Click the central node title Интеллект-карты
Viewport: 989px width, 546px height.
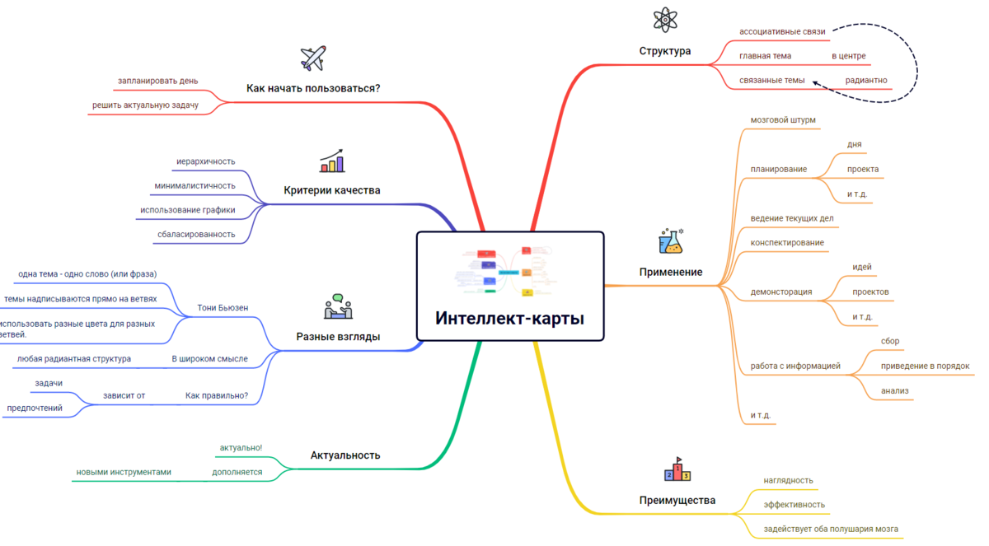click(x=509, y=319)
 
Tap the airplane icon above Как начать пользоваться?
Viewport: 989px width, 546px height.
click(x=313, y=58)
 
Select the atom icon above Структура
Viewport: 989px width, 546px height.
click(x=664, y=20)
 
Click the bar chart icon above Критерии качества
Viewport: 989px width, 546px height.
click(x=332, y=161)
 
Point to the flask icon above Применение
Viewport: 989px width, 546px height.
click(x=671, y=241)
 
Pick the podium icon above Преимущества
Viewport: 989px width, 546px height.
click(x=677, y=469)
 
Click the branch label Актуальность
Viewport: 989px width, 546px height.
click(x=345, y=455)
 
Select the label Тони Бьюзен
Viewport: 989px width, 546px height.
click(x=223, y=308)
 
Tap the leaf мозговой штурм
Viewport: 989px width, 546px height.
click(x=783, y=120)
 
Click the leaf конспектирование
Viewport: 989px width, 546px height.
click(x=787, y=243)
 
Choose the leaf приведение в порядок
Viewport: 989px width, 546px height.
click(x=925, y=366)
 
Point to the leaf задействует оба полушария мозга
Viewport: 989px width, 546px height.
click(x=831, y=530)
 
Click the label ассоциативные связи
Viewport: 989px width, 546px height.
click(x=782, y=32)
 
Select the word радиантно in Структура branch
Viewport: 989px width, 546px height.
click(x=866, y=81)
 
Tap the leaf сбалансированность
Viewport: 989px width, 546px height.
click(x=196, y=235)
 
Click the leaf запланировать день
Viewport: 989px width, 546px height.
click(x=157, y=82)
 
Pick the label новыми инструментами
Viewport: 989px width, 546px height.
click(x=124, y=473)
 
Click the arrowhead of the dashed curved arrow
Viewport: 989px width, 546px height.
click(x=814, y=82)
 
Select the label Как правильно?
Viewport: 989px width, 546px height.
click(x=217, y=396)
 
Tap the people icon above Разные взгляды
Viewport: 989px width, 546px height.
click(x=338, y=306)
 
